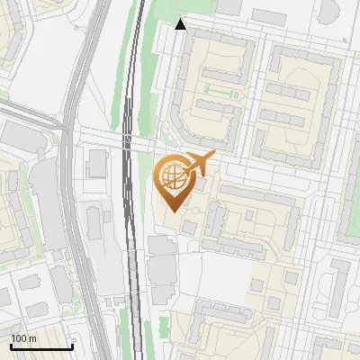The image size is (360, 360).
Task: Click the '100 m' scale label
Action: click(x=23, y=338)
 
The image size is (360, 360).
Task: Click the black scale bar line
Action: click(x=41, y=346)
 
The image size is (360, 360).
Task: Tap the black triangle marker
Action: click(x=181, y=24)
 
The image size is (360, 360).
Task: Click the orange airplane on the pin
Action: click(x=198, y=164)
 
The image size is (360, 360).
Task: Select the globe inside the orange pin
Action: click(x=171, y=176)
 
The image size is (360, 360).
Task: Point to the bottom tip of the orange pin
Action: click(x=172, y=211)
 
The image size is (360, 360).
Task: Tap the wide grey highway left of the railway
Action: click(x=79, y=180)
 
